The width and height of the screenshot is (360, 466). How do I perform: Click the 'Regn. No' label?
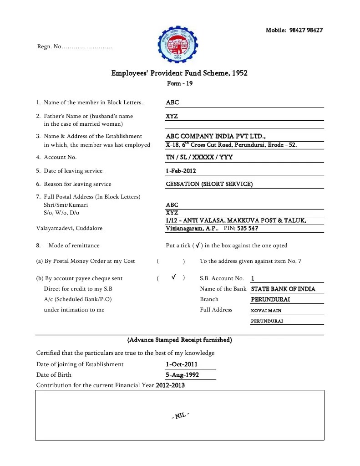click(x=49, y=47)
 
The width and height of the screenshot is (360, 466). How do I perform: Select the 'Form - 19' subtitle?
click(x=180, y=83)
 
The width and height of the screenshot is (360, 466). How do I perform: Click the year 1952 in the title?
click(x=239, y=73)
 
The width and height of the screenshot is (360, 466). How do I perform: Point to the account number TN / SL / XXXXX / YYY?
click(x=199, y=157)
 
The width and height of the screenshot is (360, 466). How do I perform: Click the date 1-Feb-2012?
click(x=181, y=171)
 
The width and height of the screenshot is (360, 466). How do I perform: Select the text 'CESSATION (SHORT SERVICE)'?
click(x=209, y=184)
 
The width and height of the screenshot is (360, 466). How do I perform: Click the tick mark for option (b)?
click(x=174, y=277)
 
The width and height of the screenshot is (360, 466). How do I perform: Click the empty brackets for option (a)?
click(x=171, y=261)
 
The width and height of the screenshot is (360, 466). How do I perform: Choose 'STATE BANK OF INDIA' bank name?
click(x=283, y=289)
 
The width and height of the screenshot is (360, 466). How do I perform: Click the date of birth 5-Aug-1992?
click(x=182, y=375)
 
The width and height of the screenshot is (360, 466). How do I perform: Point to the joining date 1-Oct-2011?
click(x=182, y=364)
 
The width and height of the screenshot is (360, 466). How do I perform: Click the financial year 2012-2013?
click(x=170, y=385)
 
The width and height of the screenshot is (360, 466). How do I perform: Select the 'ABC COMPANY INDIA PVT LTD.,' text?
click(x=216, y=136)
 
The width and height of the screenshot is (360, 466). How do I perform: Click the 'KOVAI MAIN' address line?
click(x=266, y=311)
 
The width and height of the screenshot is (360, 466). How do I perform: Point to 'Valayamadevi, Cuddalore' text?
click(x=69, y=228)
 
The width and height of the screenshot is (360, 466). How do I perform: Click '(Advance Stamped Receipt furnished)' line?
click(x=180, y=340)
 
